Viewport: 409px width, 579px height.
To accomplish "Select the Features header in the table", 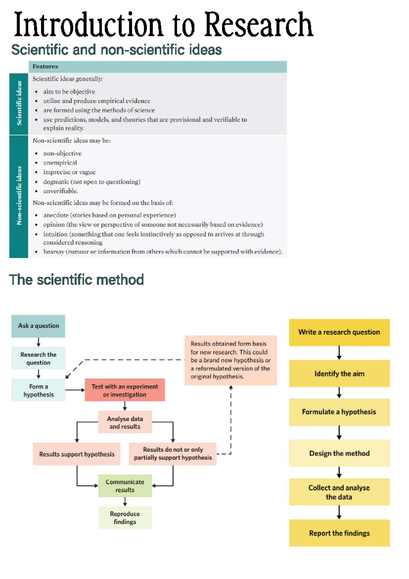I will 45,67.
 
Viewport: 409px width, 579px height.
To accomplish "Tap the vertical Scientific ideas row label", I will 19,103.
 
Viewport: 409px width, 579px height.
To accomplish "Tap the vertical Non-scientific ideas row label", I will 19,196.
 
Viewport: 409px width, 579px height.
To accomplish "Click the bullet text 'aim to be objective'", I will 69,91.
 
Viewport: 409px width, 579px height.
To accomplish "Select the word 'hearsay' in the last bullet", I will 54,252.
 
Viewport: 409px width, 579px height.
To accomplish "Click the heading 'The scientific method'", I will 76,280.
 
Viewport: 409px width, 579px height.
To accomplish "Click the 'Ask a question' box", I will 38,326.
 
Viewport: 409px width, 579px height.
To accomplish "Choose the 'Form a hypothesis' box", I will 38,390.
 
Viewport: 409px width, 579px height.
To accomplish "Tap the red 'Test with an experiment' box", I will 125,390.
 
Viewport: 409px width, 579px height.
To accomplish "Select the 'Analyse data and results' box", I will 125,422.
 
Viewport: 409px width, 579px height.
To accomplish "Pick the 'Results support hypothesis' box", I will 77,454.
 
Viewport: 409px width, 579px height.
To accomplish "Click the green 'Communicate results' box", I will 125,485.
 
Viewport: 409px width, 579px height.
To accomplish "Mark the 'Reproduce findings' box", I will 125,518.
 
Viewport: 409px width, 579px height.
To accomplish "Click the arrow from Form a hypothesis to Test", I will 75,390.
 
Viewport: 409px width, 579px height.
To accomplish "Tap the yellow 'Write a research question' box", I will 339,332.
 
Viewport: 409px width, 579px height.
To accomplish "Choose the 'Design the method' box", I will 339,453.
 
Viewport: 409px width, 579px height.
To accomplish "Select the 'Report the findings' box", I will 339,533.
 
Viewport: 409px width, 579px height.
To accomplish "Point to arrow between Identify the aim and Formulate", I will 339,393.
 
